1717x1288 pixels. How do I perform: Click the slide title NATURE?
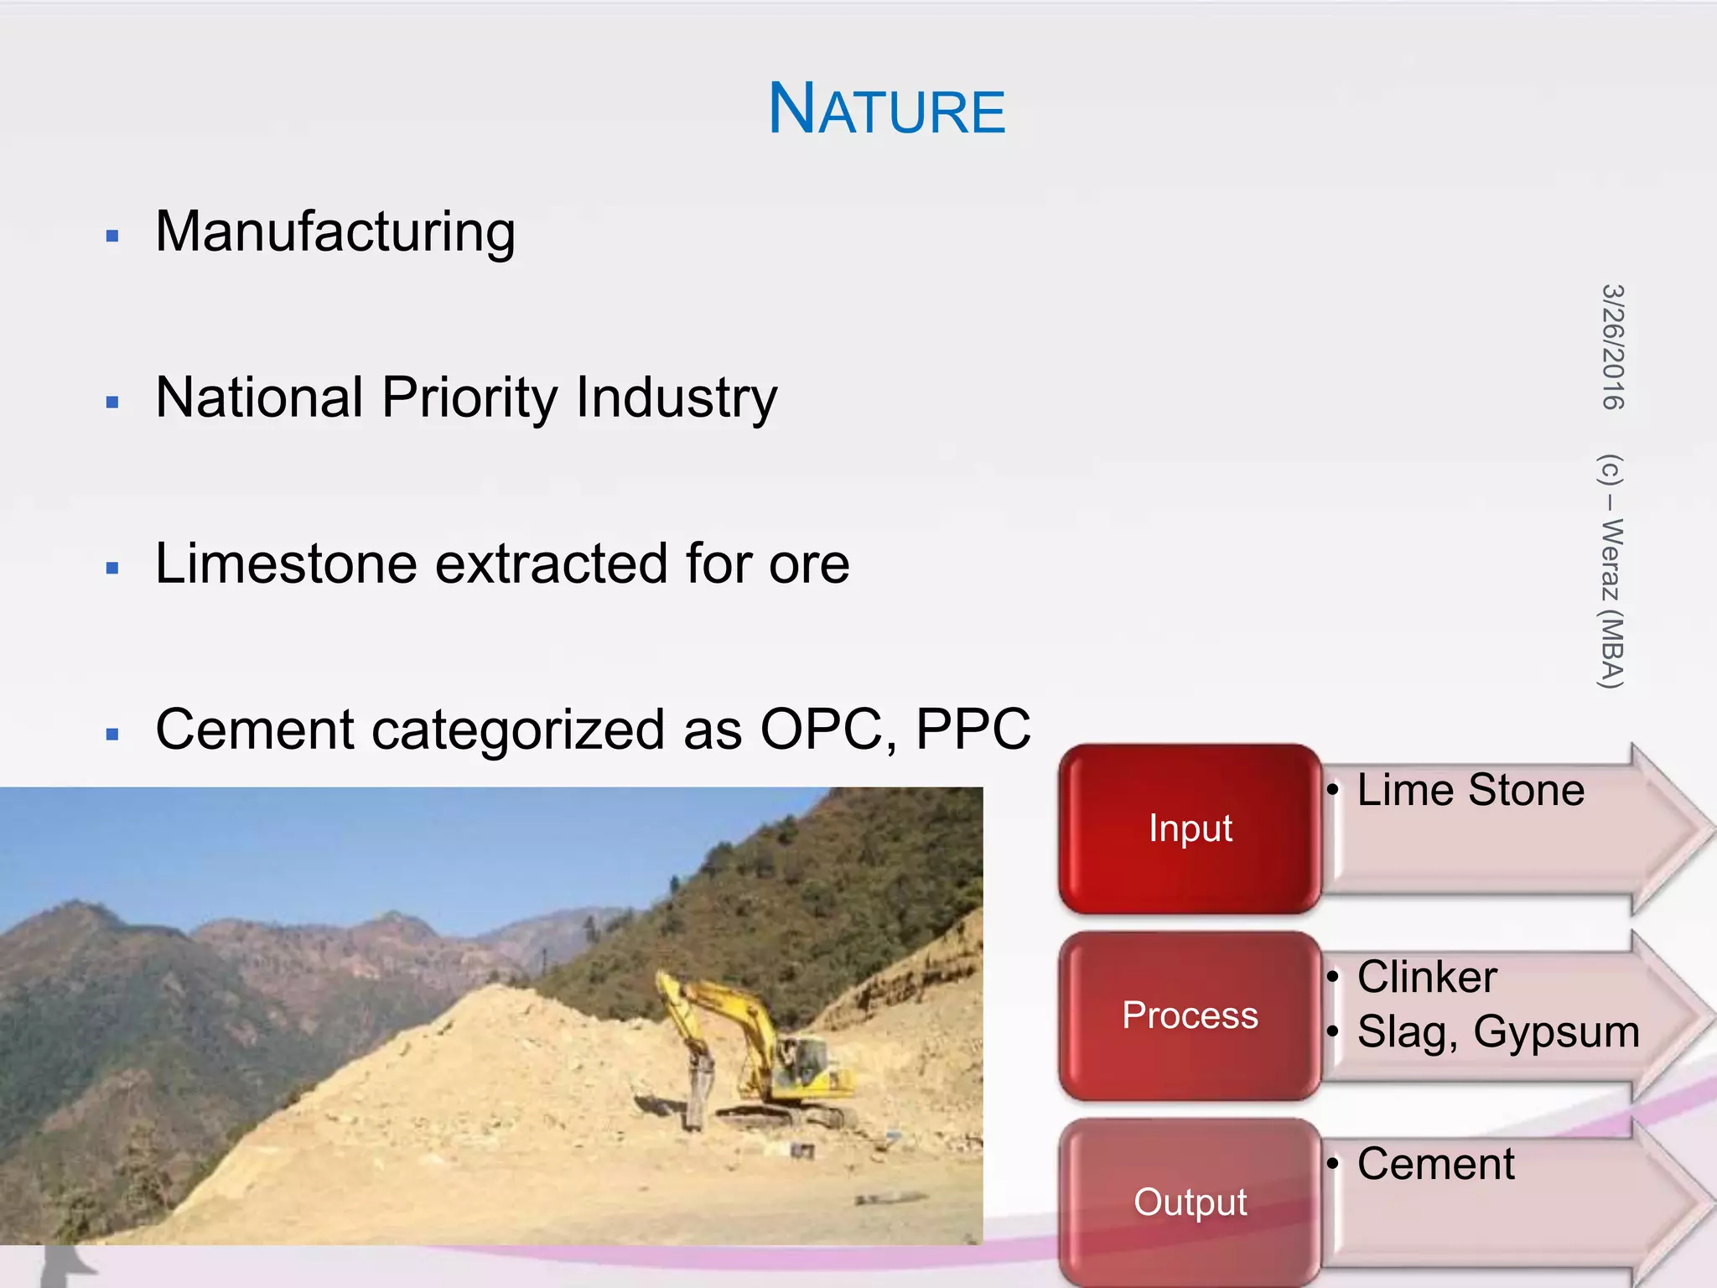(886, 109)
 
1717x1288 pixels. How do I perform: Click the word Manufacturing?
(335, 232)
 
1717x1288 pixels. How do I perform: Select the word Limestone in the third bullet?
(286, 563)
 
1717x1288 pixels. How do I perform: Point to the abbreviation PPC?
(973, 729)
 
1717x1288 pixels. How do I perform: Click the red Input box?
(1190, 828)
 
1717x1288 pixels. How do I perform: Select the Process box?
(1190, 1015)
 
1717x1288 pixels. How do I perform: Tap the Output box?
(1190, 1202)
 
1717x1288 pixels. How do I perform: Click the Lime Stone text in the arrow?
(1471, 790)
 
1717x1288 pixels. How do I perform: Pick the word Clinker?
(1427, 977)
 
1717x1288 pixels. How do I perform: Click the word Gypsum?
(1556, 1032)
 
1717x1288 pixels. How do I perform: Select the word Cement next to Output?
(1435, 1164)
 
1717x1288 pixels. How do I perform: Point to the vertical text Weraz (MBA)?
(1611, 604)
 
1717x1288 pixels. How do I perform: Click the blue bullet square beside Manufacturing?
(113, 236)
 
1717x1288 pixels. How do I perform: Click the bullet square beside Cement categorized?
(113, 735)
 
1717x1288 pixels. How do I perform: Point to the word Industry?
(677, 397)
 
